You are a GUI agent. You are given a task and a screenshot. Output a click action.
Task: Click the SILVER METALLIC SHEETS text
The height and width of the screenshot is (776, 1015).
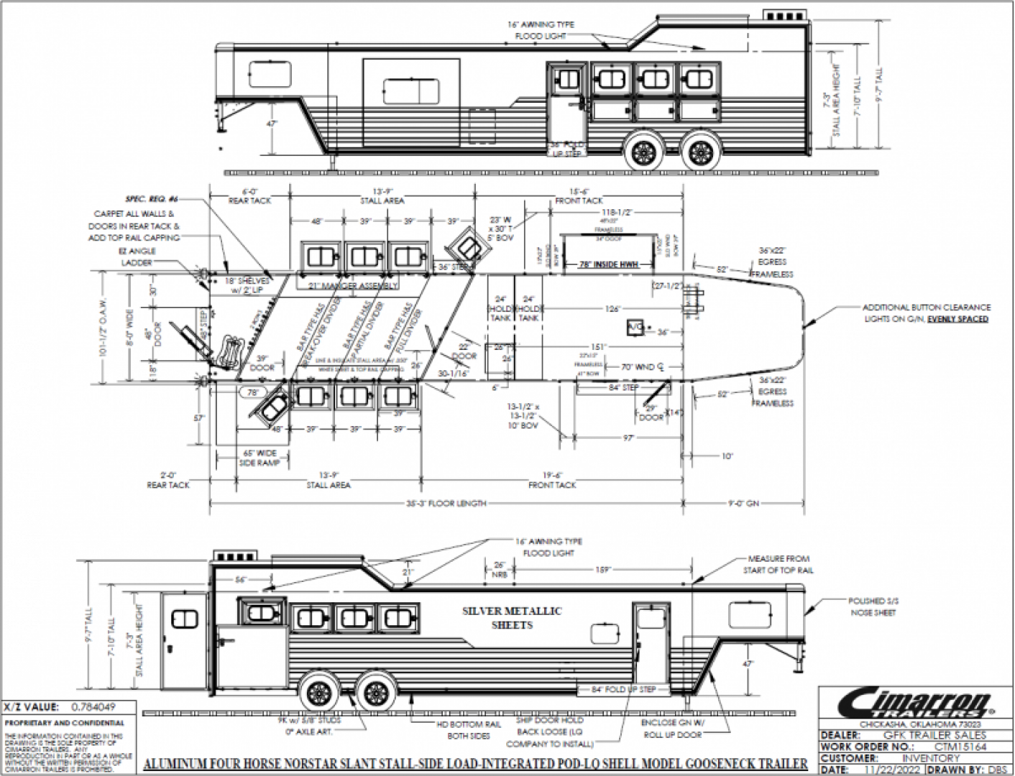[512, 618]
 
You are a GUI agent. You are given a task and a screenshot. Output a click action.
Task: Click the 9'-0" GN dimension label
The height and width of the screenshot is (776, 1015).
[743, 504]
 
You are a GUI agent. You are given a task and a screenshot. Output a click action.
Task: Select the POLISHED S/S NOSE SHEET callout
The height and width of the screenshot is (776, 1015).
[873, 606]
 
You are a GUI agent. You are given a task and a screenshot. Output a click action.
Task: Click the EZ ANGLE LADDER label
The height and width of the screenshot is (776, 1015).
[137, 257]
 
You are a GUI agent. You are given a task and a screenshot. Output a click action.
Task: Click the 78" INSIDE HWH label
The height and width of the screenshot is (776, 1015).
[610, 264]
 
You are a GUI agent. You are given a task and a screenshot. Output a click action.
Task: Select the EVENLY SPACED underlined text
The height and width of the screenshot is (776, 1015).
[957, 318]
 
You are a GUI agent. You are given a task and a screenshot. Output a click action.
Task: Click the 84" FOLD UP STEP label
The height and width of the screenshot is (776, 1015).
[623, 690]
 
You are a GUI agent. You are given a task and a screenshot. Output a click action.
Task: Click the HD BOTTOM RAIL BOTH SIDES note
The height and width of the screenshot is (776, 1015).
[469, 730]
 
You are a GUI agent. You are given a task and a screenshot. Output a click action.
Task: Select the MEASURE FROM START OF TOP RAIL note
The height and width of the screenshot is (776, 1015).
[779, 564]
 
